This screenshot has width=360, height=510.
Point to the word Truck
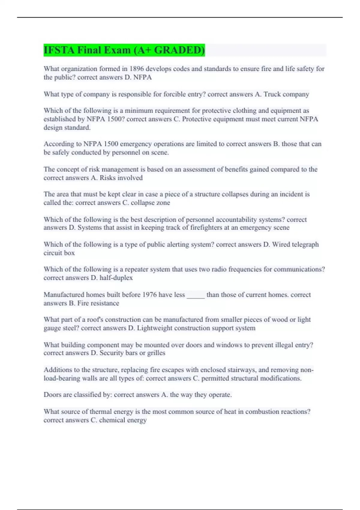(x=272, y=94)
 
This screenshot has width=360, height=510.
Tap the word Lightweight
(x=155, y=328)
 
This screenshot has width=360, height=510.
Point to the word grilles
(x=156, y=353)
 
